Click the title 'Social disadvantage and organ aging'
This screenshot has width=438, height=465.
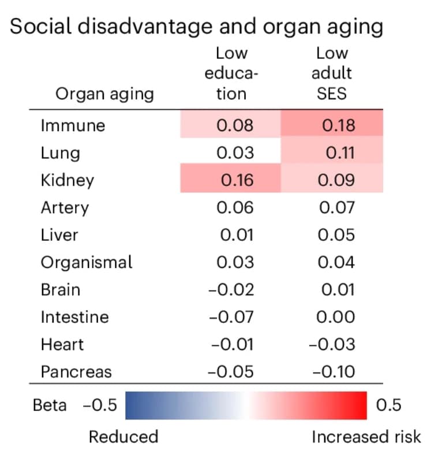pyautogui.click(x=197, y=27)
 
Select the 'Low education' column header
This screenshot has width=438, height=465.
pyautogui.click(x=231, y=73)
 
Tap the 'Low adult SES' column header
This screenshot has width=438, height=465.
pyautogui.click(x=332, y=73)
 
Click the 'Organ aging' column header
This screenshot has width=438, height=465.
pyautogui.click(x=104, y=94)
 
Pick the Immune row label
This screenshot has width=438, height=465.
pyautogui.click(x=73, y=125)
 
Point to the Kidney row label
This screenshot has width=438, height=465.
pyautogui.click(x=67, y=180)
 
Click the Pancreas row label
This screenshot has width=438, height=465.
pyautogui.click(x=76, y=371)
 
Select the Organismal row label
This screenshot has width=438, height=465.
pyautogui.click(x=86, y=262)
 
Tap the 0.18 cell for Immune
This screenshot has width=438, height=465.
pyautogui.click(x=338, y=125)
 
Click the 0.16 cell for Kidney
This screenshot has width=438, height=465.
pyautogui.click(x=237, y=180)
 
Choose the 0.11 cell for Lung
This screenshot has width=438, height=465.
pyautogui.click(x=339, y=153)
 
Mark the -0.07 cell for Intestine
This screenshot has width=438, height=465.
pyautogui.click(x=231, y=317)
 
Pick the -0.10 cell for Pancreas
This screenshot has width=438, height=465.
pyautogui.click(x=333, y=371)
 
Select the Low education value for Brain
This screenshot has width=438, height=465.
pyautogui.click(x=231, y=289)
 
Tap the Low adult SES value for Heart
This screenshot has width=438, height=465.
pyautogui.click(x=333, y=344)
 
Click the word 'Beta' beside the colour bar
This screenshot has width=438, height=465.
pyautogui.click(x=49, y=405)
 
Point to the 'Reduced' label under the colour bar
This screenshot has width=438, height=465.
pyautogui.click(x=123, y=437)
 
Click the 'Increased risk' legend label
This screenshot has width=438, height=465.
pyautogui.click(x=366, y=437)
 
